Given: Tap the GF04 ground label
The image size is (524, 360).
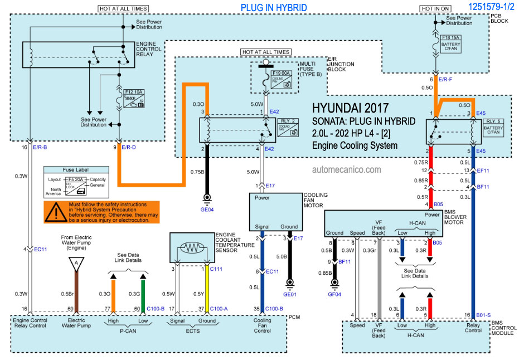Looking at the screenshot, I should pos(334,294).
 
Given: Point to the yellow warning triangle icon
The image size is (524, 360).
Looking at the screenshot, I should pos(55,212).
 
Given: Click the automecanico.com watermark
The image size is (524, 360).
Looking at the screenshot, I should pos(347,169).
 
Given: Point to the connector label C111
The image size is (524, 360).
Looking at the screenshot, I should pos(216,269).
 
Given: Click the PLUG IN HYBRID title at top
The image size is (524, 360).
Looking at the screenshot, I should pos(273,8).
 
